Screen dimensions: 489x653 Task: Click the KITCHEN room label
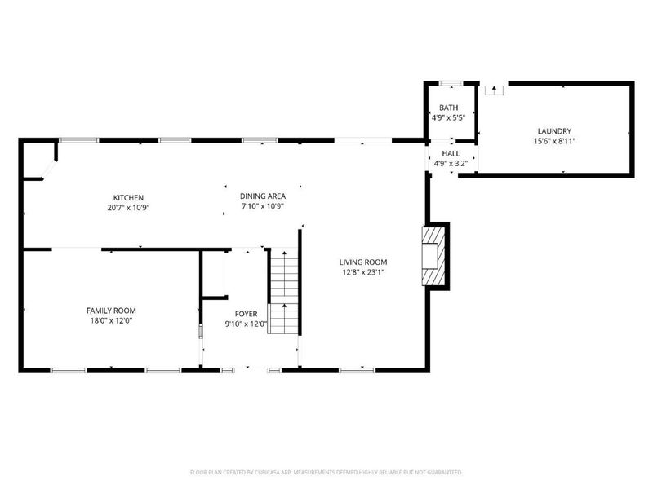129,197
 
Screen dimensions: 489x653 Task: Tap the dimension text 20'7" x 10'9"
129,207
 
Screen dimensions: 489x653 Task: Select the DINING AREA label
262,196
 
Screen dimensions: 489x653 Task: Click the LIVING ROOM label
363,262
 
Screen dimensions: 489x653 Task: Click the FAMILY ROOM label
111,311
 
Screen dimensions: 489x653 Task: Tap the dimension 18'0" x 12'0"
111,320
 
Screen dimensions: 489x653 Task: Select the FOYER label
246,314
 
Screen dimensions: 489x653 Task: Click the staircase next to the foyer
283,293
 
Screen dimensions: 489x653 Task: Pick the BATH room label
448,108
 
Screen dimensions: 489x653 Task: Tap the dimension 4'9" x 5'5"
448,117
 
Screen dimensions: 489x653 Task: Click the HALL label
451,153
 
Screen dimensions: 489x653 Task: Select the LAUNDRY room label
553,131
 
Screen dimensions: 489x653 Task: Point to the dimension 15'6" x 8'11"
553,141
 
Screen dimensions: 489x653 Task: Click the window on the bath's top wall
451,84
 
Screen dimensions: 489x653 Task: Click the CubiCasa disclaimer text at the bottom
326,472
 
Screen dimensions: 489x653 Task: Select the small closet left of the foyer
213,274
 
